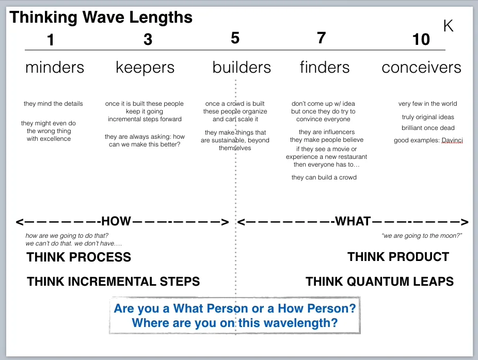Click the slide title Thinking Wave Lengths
point(101,17)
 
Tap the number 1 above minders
point(50,40)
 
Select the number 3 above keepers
point(148,39)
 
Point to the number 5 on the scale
point(235,38)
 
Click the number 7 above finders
point(321,38)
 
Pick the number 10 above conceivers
point(421,39)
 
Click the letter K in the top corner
point(448,26)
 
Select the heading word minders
point(55,68)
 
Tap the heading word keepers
point(145,68)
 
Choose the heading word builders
point(242,68)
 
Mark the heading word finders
point(325,68)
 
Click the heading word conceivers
point(421,68)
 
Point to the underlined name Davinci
point(452,140)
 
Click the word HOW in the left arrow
point(116,222)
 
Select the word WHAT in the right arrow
point(353,222)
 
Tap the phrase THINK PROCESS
point(79,257)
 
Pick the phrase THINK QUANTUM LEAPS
point(379,282)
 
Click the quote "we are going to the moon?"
point(422,236)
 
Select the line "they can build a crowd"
point(324,177)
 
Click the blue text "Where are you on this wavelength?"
point(235,323)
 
